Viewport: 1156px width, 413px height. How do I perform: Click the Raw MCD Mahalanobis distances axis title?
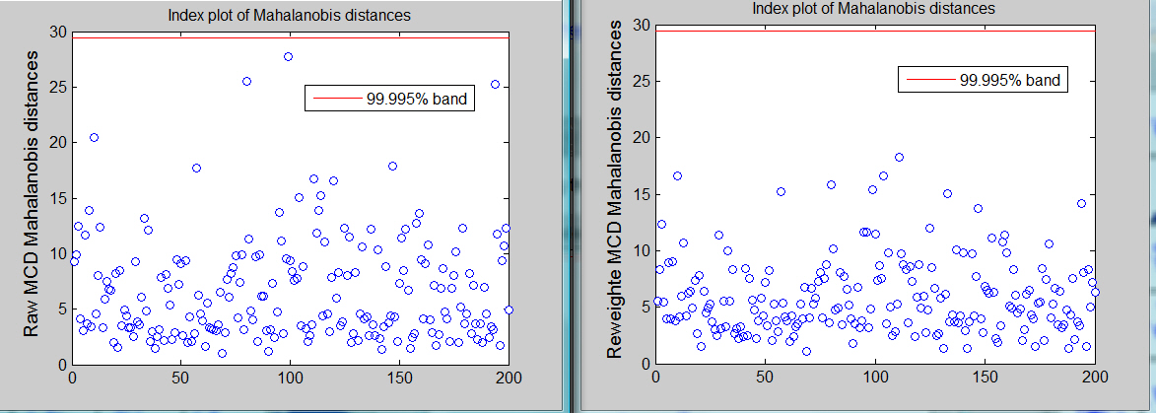pyautogui.click(x=32, y=196)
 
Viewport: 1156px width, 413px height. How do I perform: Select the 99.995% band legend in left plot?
pyautogui.click(x=388, y=99)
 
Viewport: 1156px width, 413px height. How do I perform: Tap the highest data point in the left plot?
pyautogui.click(x=289, y=57)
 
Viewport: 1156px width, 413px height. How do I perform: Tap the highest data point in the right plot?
pyautogui.click(x=899, y=157)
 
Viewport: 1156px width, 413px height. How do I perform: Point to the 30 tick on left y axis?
pyautogui.click(x=56, y=32)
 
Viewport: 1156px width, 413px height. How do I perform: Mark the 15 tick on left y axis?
pyautogui.click(x=56, y=198)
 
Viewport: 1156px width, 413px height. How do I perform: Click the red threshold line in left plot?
pyautogui.click(x=197, y=37)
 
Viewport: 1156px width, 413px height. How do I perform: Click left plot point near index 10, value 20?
pyautogui.click(x=94, y=138)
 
